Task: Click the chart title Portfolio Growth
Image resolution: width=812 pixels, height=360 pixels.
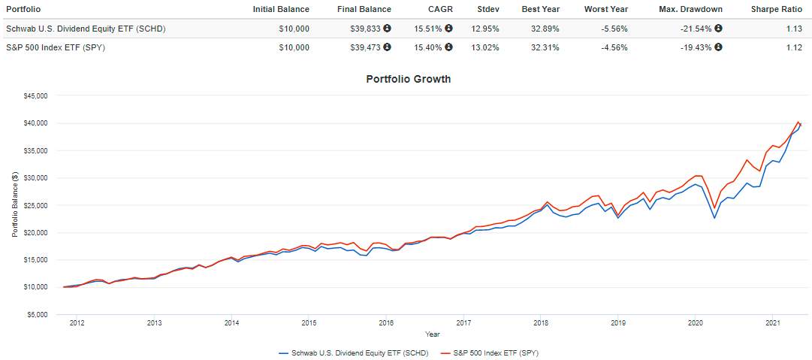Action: (408, 79)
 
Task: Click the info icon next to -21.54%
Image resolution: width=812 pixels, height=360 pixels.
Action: (719, 29)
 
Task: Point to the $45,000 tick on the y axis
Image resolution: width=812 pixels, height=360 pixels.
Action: (35, 96)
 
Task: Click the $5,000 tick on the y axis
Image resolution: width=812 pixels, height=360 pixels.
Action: (36, 314)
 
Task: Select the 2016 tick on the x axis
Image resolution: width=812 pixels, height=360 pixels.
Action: (386, 323)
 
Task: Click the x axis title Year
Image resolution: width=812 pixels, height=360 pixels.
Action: (433, 334)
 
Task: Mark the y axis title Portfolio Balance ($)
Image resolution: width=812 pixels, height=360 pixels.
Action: (14, 204)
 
